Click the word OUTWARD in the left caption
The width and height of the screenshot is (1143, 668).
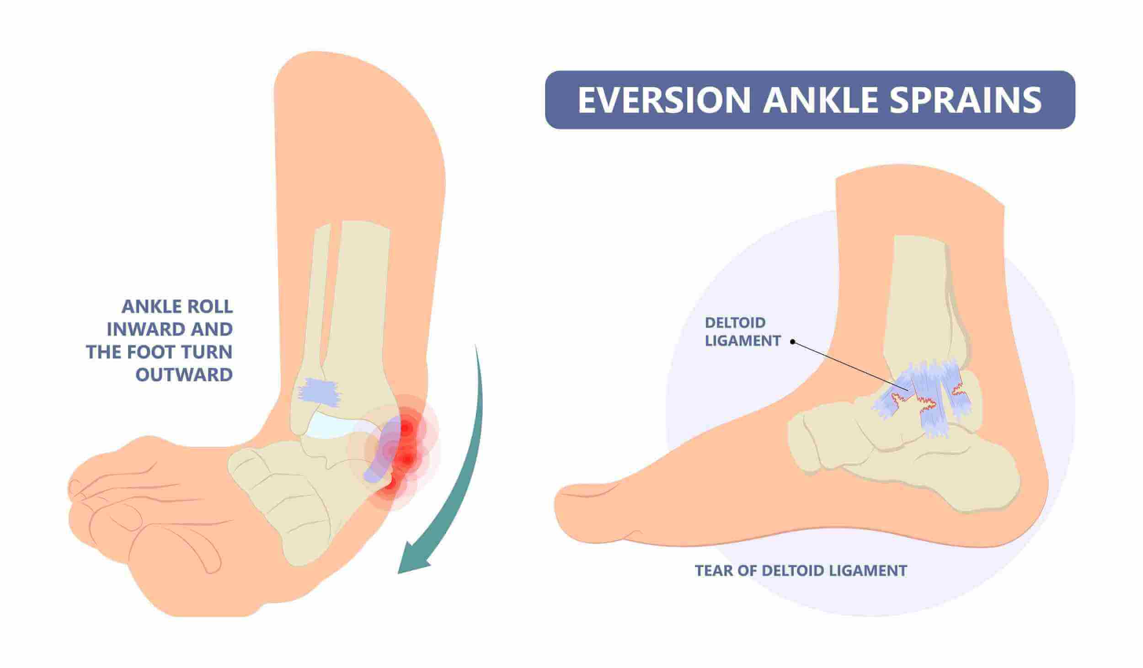click(x=185, y=375)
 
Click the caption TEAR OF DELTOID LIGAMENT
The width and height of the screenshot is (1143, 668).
click(x=801, y=571)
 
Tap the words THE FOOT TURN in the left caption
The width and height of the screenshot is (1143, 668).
click(x=159, y=352)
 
